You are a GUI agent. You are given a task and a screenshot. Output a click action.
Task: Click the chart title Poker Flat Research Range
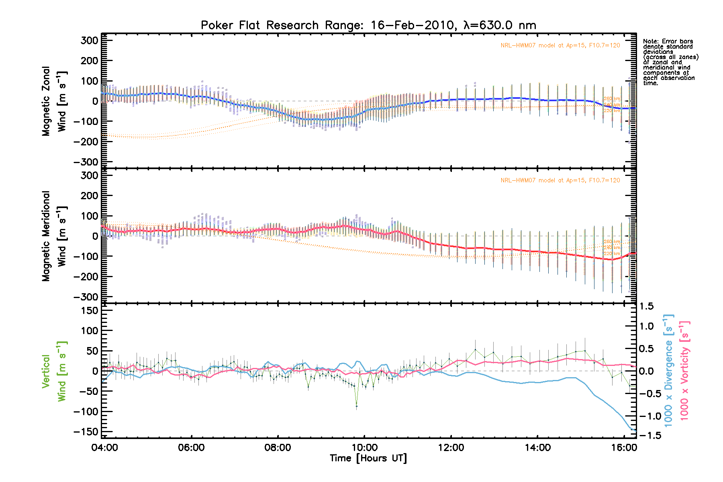(368, 25)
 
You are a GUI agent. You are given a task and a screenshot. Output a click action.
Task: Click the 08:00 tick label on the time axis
(278, 447)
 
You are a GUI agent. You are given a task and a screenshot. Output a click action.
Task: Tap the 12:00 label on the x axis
(451, 447)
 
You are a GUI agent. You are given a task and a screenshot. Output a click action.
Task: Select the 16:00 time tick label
(624, 447)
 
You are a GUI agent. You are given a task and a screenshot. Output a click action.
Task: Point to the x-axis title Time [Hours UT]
(368, 458)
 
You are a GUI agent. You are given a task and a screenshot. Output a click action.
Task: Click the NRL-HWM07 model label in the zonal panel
(560, 45)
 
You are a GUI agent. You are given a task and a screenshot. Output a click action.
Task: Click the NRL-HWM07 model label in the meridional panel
(560, 180)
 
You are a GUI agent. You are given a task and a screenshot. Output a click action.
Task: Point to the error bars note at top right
(670, 62)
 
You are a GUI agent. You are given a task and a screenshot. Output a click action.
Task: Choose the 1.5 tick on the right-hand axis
(646, 306)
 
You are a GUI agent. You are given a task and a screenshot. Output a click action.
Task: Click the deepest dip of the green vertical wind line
(356, 406)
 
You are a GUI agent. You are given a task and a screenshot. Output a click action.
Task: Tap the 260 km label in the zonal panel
(612, 99)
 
